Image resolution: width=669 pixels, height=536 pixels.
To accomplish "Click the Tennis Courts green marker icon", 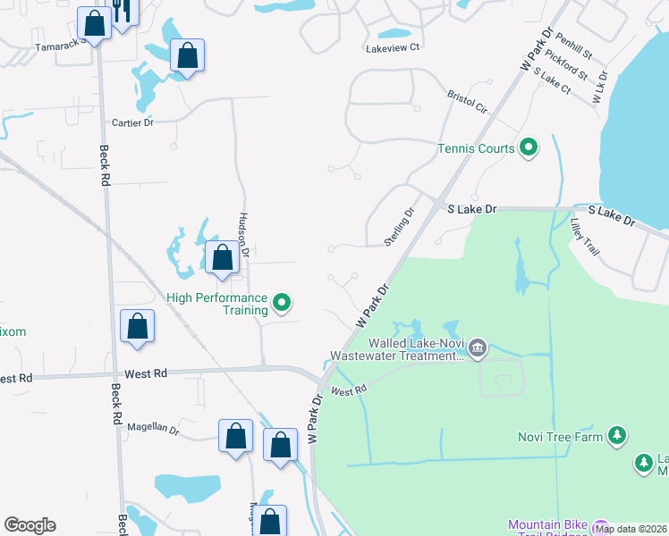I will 528,148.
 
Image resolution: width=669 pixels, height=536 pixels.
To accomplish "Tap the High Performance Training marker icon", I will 283,304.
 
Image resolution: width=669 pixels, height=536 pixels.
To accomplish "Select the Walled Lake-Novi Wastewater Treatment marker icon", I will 477,348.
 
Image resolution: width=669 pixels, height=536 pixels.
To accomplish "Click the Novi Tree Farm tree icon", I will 616,436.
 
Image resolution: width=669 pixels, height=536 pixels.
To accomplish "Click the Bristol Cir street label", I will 468,101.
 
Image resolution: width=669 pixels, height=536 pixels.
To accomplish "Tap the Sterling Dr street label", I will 400,227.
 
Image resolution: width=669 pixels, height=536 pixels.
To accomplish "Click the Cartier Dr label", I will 133,122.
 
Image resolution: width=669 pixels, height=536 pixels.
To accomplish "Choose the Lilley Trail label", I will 584,239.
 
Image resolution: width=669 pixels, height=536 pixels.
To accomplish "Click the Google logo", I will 30,525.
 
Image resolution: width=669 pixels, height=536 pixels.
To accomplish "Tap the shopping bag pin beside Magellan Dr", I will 236,437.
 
